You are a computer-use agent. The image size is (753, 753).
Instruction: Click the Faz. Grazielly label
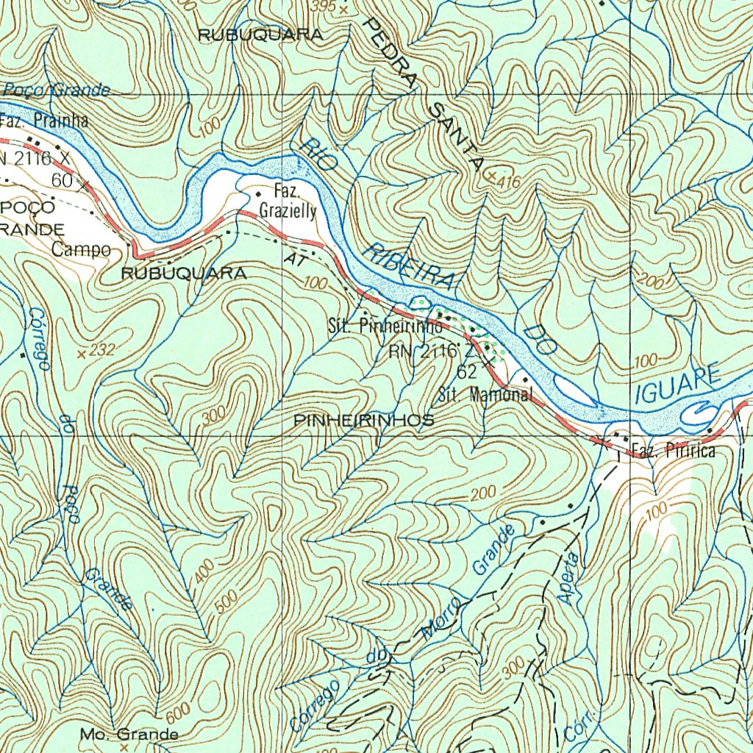[288, 202]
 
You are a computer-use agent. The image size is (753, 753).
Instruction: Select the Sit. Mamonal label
[485, 394]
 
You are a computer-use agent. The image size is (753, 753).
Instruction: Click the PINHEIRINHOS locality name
[363, 421]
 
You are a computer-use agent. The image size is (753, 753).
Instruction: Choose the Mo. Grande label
[129, 734]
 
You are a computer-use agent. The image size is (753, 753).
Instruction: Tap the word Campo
[81, 250]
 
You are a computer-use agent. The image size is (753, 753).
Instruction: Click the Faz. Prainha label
[44, 121]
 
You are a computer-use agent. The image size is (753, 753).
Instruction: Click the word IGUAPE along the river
[677, 385]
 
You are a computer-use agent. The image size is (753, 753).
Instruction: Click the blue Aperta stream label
[568, 578]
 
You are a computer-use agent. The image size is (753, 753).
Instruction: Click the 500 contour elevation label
[229, 602]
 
